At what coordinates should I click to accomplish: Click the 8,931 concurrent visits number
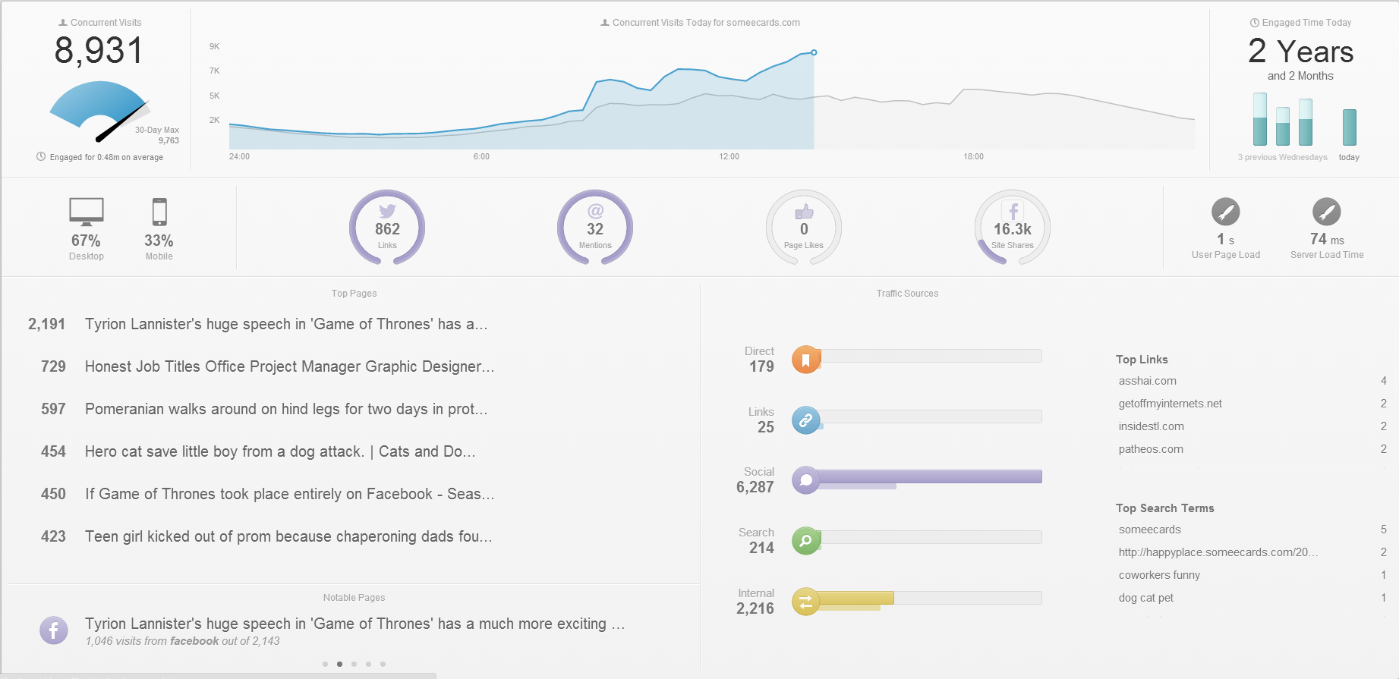(99, 52)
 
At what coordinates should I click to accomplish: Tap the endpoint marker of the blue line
(814, 52)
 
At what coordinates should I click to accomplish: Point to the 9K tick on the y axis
(215, 46)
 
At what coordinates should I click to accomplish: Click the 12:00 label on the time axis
(729, 156)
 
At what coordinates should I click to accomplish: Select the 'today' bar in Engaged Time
(1349, 127)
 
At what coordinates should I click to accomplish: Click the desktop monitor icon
(87, 212)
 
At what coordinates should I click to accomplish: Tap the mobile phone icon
(159, 212)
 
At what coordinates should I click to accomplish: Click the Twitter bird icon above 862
(387, 211)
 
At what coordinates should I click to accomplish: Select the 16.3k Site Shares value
(1013, 229)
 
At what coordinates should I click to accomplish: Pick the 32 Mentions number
(595, 229)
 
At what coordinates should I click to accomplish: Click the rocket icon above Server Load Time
(1326, 212)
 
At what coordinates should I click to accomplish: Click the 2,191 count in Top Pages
(47, 324)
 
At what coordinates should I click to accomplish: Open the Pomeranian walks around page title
(286, 409)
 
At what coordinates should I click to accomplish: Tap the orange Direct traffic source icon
(805, 359)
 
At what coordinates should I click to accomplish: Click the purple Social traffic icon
(805, 480)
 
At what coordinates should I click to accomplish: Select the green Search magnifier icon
(805, 541)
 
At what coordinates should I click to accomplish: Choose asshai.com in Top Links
(1147, 381)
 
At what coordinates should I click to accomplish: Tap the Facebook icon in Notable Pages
(54, 630)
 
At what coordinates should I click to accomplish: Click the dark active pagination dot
(339, 664)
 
